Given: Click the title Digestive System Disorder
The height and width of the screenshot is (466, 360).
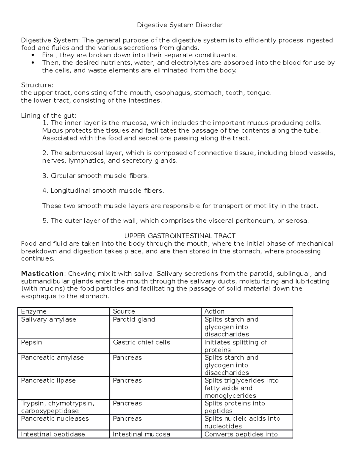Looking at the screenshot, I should (x=180, y=25).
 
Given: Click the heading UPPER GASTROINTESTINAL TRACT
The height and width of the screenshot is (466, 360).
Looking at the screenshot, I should (x=180, y=236).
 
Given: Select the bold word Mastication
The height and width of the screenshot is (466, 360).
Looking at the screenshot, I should (x=42, y=274).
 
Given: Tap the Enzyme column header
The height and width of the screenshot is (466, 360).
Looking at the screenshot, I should (x=34, y=311).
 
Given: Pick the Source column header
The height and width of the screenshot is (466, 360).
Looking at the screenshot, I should (x=124, y=311).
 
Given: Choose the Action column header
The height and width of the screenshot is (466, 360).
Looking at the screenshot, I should (x=214, y=311).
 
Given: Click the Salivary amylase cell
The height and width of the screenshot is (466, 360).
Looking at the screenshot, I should (x=49, y=320).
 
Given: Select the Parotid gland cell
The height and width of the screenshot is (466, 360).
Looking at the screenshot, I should (x=134, y=320).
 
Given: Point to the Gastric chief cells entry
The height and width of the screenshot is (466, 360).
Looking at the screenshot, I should (x=141, y=342).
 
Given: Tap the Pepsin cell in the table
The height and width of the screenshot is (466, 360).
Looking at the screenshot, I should (x=31, y=342).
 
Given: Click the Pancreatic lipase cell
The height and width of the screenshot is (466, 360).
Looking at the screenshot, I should (x=48, y=380).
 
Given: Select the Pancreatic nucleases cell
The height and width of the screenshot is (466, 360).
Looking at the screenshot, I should (x=55, y=419).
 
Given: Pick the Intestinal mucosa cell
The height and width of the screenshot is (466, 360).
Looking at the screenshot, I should (x=141, y=434).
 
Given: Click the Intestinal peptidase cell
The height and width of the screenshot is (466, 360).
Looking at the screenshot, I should (x=53, y=434).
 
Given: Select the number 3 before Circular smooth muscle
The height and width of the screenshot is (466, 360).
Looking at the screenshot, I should (x=45, y=176).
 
